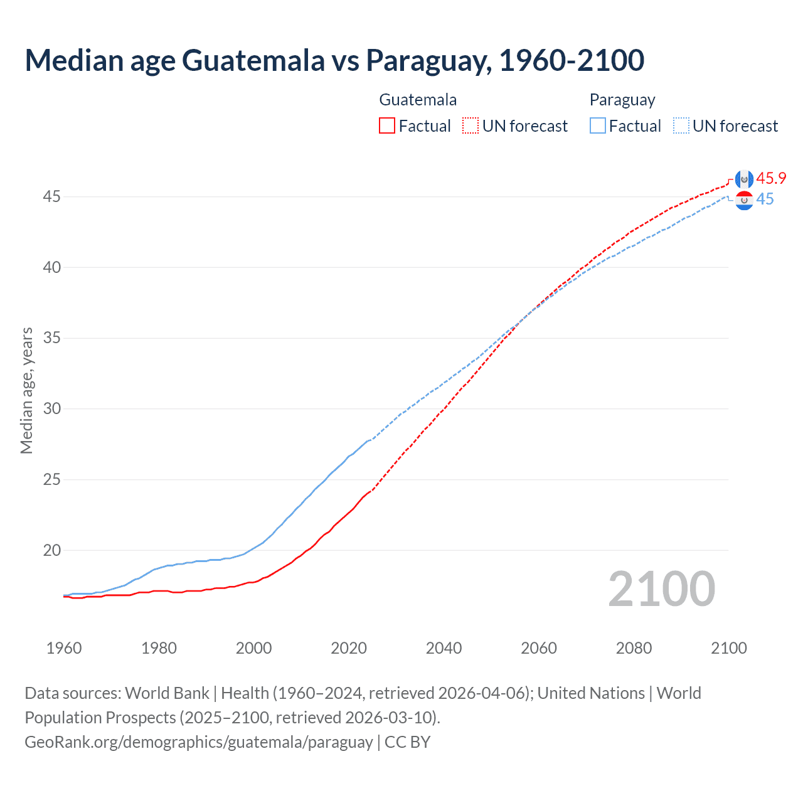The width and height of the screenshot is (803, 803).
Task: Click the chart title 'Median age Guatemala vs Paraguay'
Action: pyautogui.click(x=334, y=60)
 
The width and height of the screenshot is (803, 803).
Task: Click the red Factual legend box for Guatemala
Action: pyautogui.click(x=387, y=125)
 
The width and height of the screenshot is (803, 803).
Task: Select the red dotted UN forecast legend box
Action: pyautogui.click(x=471, y=125)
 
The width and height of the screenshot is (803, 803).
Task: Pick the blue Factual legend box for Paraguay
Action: pyautogui.click(x=598, y=125)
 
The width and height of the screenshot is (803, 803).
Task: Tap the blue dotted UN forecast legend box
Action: pyautogui.click(x=681, y=125)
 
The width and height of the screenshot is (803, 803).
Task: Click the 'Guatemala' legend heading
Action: pyautogui.click(x=418, y=100)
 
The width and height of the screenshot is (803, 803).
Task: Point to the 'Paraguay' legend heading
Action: pyautogui.click(x=622, y=100)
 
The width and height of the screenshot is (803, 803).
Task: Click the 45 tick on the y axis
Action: pyautogui.click(x=51, y=197)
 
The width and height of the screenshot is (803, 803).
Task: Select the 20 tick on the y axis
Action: pyautogui.click(x=51, y=551)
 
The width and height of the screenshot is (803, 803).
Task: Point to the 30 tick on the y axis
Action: pyautogui.click(x=51, y=409)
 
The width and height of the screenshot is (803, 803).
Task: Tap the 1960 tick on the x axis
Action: pyautogui.click(x=64, y=648)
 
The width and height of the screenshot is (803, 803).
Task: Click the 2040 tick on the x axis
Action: pyautogui.click(x=444, y=648)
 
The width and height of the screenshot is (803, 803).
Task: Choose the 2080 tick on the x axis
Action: pyautogui.click(x=634, y=648)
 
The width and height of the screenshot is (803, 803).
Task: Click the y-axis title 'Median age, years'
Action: pyautogui.click(x=26, y=390)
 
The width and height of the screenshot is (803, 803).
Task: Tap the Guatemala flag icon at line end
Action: pyautogui.click(x=744, y=179)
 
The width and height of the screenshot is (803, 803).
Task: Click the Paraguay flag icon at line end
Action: pyautogui.click(x=744, y=200)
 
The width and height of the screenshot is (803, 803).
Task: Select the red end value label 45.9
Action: pyautogui.click(x=771, y=178)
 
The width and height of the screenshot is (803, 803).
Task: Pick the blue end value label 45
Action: pyautogui.click(x=765, y=199)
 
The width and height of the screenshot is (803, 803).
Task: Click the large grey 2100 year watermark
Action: pyautogui.click(x=661, y=589)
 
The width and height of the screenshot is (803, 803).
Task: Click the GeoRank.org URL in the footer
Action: pyautogui.click(x=199, y=742)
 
